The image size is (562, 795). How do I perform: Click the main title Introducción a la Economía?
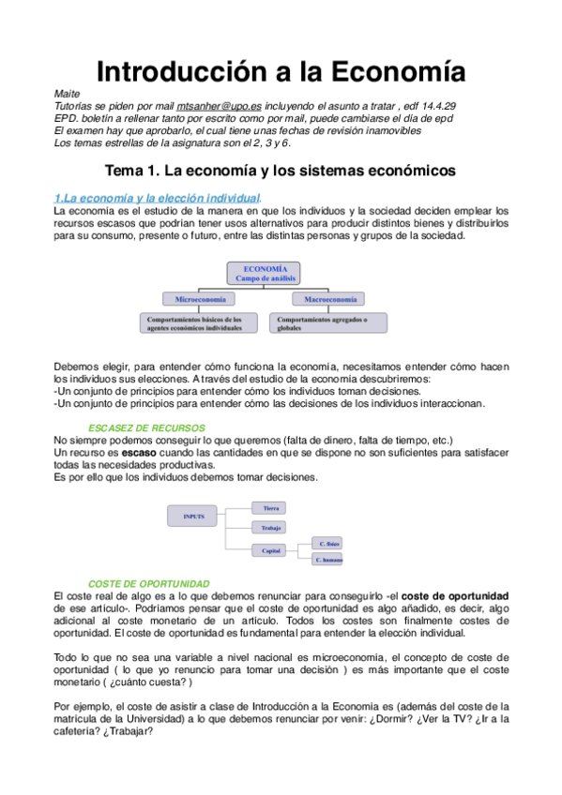281,71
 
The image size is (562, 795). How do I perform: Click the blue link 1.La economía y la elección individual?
157,198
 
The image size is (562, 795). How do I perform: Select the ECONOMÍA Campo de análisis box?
263,273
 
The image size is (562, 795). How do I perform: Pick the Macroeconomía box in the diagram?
329,299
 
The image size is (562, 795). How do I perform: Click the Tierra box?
271,508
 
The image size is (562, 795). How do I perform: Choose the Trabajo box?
271,529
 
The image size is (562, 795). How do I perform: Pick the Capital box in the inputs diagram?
271,551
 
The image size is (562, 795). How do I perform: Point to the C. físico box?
329,544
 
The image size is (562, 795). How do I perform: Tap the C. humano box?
329,560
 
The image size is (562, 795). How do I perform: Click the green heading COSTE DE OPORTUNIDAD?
148,583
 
